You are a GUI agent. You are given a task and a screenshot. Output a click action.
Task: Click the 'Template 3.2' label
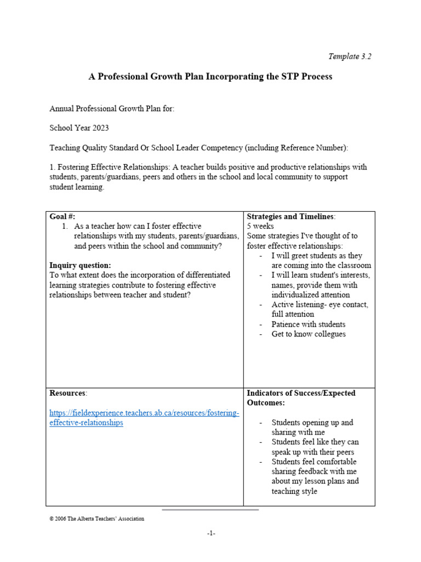(350, 56)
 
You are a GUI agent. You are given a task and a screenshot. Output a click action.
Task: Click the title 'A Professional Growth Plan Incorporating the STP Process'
(210, 76)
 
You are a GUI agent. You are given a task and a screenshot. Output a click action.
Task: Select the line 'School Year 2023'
(79, 128)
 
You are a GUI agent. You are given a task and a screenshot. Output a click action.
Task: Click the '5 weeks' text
(260, 226)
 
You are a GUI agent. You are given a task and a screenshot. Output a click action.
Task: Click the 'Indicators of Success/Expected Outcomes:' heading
(301, 397)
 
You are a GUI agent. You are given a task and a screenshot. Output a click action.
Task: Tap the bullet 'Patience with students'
(308, 324)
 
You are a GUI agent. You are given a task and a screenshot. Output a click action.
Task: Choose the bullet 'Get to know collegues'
(308, 334)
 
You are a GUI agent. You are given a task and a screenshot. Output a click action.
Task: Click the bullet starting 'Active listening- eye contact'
(320, 310)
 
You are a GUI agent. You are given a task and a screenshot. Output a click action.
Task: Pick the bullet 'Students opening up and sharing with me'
(312, 428)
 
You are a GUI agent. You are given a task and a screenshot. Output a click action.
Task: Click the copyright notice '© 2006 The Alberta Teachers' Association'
(97, 519)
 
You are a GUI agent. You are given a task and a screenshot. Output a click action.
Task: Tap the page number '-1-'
(211, 533)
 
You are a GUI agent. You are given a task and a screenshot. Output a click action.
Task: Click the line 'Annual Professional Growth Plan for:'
(112, 109)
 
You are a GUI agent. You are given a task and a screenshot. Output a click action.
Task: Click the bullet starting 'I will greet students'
(317, 261)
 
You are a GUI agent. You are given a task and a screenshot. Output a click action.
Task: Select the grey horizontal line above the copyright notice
(210, 509)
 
